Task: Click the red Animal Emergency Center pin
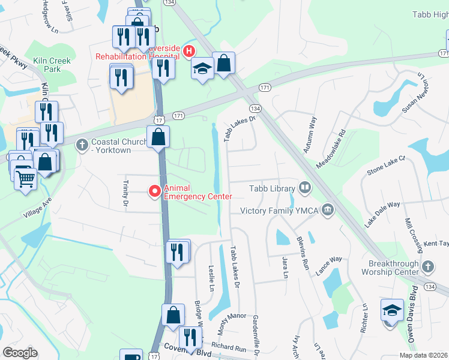155,191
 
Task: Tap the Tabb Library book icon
305,188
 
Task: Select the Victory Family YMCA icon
327,210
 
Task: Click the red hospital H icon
190,52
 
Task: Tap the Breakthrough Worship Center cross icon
427,266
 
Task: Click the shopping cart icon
25,179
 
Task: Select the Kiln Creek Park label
52,65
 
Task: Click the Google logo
20,353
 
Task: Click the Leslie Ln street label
211,278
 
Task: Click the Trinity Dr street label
126,194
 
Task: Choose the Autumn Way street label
310,135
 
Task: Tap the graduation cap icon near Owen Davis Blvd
391,311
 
